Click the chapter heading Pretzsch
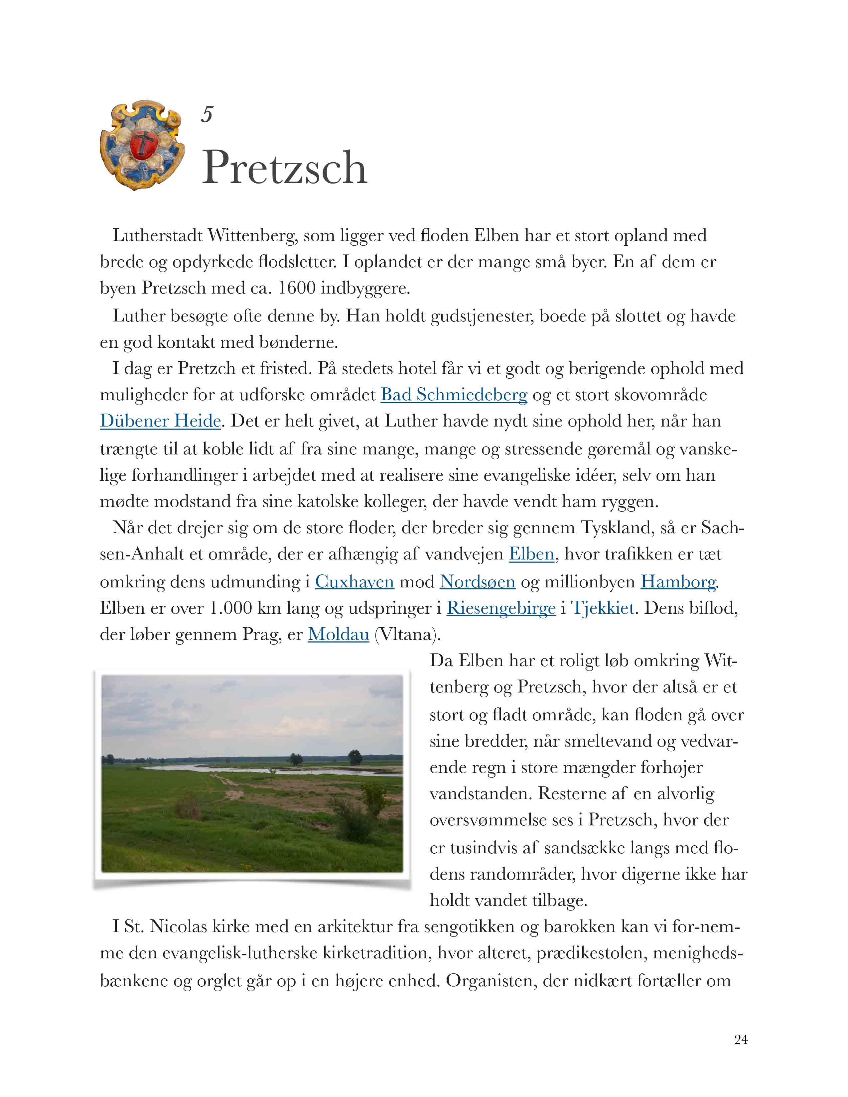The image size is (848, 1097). (284, 168)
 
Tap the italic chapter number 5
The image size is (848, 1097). (207, 115)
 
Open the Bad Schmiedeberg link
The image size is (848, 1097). (454, 395)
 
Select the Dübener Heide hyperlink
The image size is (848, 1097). (160, 421)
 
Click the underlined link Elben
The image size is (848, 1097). (531, 554)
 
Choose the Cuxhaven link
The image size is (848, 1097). (354, 582)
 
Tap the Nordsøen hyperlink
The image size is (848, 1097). (477, 582)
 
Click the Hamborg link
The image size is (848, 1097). (678, 582)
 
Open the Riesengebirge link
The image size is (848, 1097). (501, 608)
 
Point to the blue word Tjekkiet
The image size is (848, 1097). (602, 608)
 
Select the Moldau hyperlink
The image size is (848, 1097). (338, 634)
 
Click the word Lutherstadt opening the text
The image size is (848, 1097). (157, 236)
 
